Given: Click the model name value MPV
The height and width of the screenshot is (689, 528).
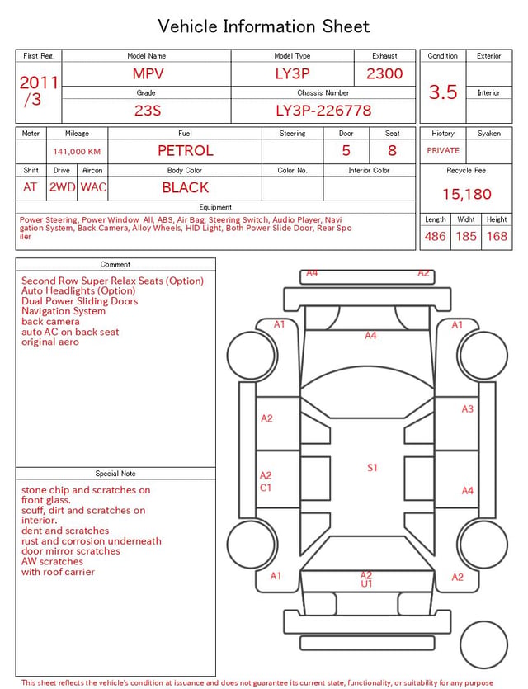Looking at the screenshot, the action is (x=148, y=73).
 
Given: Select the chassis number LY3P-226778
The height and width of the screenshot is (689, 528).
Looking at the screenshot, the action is (x=323, y=111).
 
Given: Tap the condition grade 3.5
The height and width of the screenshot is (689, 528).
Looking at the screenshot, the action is (x=443, y=92).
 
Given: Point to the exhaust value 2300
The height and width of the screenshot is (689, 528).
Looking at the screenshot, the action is (x=384, y=73).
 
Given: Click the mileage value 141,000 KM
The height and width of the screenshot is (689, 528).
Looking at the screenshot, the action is (x=77, y=152).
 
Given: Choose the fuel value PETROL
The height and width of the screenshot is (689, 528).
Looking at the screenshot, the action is (x=186, y=151).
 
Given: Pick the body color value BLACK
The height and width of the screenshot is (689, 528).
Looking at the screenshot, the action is (x=186, y=187).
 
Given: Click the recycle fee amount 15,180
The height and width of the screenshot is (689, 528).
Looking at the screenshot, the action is (x=466, y=194).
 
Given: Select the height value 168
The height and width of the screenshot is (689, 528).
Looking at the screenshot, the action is (x=497, y=236).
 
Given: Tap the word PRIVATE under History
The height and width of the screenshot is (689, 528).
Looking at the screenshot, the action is (x=443, y=150).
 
